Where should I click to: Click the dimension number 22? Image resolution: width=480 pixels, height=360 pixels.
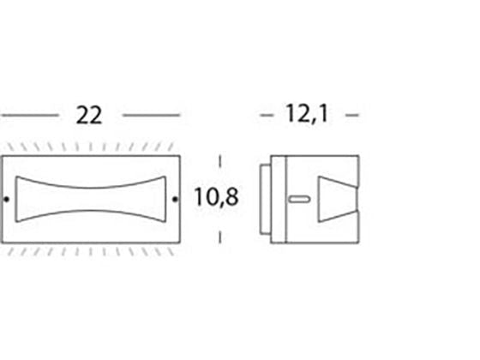(89, 115)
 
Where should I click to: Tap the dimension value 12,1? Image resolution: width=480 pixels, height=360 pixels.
(307, 114)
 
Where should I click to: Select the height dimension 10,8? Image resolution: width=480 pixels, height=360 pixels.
(216, 197)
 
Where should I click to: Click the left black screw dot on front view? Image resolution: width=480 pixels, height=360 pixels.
(6, 199)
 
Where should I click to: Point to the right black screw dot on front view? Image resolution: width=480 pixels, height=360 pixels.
(175, 199)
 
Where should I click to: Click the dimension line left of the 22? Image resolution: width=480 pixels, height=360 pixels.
(30, 116)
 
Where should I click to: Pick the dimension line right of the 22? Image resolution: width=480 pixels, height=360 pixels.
(151, 116)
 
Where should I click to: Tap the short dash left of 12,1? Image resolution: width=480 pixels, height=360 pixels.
(267, 116)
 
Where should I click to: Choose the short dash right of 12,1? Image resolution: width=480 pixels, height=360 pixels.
(352, 116)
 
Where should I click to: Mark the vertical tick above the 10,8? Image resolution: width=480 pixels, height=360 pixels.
(219, 161)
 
